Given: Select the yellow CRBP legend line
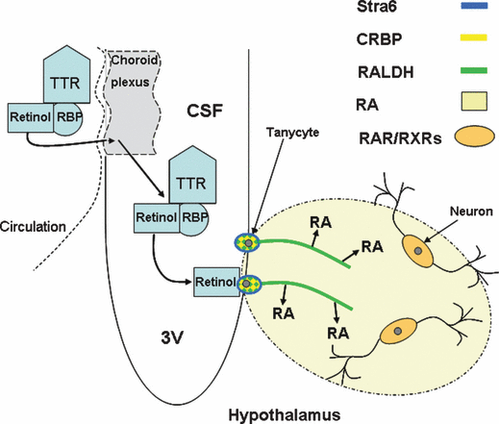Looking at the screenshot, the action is click(474, 37).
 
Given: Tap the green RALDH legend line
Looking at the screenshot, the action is click(474, 70).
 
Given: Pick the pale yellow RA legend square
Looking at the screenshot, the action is click(474, 101).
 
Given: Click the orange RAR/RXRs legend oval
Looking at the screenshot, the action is click(474, 137).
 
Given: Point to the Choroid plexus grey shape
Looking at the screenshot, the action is click(133, 103).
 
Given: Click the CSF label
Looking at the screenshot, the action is click(205, 112).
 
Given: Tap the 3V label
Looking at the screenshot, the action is click(172, 337).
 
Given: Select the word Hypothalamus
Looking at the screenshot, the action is click(285, 415).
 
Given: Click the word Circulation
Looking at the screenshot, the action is click(33, 227).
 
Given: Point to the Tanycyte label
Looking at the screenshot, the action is click(292, 133).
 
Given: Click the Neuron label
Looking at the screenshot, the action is click(471, 212).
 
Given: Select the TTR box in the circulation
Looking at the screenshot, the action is click(66, 74).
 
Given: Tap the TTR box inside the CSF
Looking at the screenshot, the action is click(192, 175).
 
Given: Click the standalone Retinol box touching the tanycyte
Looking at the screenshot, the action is click(216, 282).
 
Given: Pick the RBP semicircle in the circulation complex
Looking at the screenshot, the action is click(68, 118).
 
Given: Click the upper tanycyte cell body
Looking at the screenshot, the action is click(247, 243).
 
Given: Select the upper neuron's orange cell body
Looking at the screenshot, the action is click(417, 251).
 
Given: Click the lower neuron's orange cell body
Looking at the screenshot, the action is click(398, 332).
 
